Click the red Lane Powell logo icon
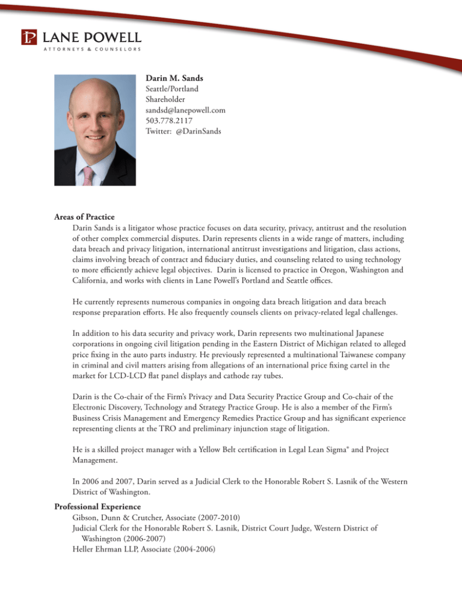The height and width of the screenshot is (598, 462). tap(29, 37)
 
